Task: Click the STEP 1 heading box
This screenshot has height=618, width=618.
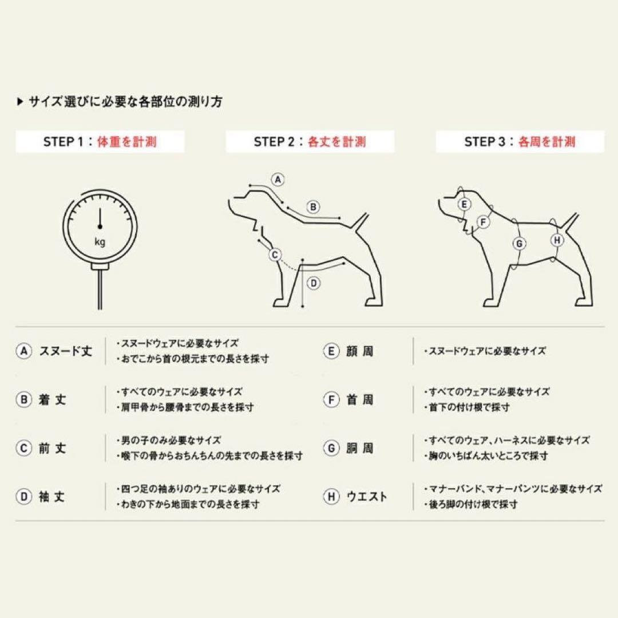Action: tap(100, 142)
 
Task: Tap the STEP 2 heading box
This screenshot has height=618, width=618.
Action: tap(310, 142)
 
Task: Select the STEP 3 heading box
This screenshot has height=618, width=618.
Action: tap(520, 142)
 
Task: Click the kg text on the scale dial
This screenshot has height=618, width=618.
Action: tap(100, 241)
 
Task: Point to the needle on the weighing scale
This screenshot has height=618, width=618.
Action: tap(100, 218)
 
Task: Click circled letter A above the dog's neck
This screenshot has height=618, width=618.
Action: tap(278, 179)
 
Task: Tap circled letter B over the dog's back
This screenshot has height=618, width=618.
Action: tap(314, 207)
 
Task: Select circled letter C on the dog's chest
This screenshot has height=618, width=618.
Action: tap(275, 255)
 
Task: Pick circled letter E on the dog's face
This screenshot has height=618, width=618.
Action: tap(465, 204)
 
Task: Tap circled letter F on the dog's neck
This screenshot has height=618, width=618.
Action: tap(484, 222)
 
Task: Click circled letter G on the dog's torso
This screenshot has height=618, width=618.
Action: tap(519, 244)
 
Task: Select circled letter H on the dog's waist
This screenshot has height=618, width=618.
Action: tap(558, 240)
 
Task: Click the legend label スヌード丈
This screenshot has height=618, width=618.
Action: tap(65, 351)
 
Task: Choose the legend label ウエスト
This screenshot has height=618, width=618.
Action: tap(366, 497)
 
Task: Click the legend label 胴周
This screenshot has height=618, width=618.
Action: tap(359, 448)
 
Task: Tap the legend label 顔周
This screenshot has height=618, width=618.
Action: tap(359, 351)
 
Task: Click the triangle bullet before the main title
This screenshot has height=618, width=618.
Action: tap(21, 102)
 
